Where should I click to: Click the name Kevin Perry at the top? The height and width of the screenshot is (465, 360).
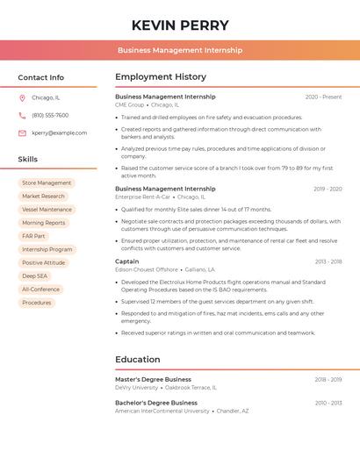click(x=180, y=25)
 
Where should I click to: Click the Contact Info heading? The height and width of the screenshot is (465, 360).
click(x=41, y=77)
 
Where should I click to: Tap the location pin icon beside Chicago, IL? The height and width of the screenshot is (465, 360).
click(x=22, y=97)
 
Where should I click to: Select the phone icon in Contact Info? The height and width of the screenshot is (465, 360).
click(x=22, y=115)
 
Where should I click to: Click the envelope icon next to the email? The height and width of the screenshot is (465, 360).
click(x=22, y=133)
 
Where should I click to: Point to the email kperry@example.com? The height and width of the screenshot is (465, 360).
click(x=60, y=133)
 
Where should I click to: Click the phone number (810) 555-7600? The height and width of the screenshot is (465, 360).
click(x=50, y=115)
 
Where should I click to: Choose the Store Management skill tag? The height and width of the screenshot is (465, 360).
click(x=47, y=183)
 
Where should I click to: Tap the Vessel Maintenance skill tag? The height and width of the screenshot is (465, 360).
click(x=47, y=210)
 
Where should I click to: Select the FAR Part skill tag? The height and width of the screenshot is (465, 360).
click(x=34, y=236)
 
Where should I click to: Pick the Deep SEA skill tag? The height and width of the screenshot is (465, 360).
click(x=35, y=275)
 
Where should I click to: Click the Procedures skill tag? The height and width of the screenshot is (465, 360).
click(x=37, y=303)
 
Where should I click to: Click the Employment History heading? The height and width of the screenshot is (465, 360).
click(x=161, y=77)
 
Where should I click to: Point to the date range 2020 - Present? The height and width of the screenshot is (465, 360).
click(x=323, y=97)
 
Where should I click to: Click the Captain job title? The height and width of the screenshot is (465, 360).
click(x=127, y=261)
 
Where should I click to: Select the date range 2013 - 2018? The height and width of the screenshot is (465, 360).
click(x=328, y=261)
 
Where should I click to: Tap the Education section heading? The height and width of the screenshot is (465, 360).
click(x=138, y=359)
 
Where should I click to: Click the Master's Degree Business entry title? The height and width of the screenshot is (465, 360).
click(x=153, y=380)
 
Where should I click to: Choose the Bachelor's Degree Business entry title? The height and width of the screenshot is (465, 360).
click(x=156, y=403)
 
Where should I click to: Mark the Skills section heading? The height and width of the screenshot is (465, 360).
click(x=28, y=160)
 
